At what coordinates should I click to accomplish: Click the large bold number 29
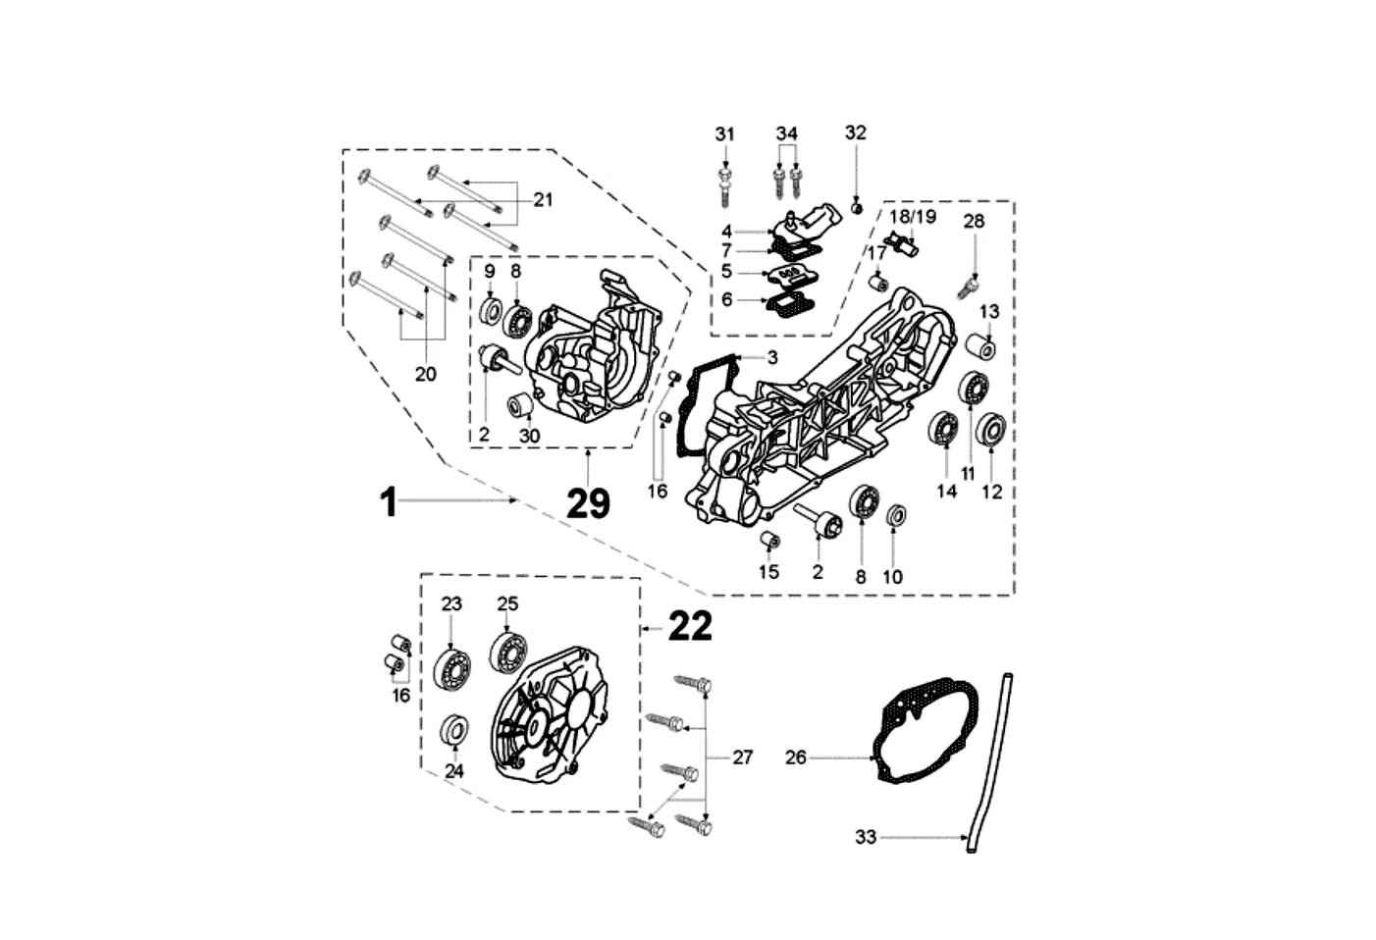pos(588,503)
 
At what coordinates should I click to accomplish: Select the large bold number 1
pos(390,502)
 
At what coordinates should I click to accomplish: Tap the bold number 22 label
pos(690,626)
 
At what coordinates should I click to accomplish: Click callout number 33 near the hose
pos(865,837)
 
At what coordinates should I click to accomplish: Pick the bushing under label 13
pos(984,347)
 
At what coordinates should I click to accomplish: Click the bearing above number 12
pos(991,430)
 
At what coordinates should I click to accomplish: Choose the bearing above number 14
pos(945,429)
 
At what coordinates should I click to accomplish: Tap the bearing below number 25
pos(507,653)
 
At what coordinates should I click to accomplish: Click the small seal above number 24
pos(453,730)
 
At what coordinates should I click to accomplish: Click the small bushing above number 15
pos(770,540)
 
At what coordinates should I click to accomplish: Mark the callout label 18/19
pos(913,216)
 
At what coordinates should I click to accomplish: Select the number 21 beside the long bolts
pos(543,199)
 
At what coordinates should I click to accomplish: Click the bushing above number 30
pos(520,403)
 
